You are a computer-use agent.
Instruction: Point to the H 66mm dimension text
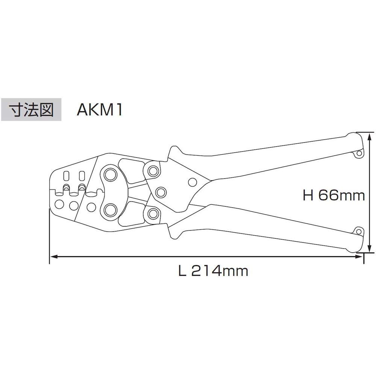pyautogui.click(x=334, y=196)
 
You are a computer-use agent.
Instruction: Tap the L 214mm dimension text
pyautogui.click(x=213, y=270)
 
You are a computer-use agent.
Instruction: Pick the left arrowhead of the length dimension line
pyautogui.click(x=53, y=257)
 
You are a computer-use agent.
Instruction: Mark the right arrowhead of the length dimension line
pyautogui.click(x=361, y=257)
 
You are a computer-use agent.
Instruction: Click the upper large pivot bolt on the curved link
pyautogui.click(x=111, y=175)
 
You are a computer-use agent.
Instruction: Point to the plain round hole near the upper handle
pyautogui.click(x=192, y=183)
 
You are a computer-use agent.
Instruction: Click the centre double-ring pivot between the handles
pyautogui.click(x=161, y=192)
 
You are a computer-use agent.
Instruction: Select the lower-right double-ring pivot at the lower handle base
pyautogui.click(x=152, y=214)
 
